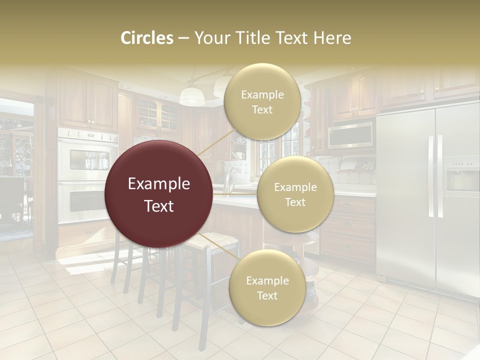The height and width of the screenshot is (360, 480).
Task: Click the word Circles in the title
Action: (147, 38)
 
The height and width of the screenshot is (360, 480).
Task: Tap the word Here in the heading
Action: (331, 38)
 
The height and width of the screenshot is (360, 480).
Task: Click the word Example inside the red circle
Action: (159, 184)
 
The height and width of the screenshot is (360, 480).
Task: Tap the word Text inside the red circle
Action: (159, 206)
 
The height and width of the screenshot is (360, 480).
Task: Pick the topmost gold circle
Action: (261, 101)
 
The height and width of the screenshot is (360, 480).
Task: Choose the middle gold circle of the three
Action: (295, 194)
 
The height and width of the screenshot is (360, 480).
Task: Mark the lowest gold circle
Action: (267, 288)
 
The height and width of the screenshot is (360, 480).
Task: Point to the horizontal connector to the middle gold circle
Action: (235, 192)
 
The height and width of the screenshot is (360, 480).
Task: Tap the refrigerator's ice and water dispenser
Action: (462, 178)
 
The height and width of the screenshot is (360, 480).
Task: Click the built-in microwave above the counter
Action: (350, 135)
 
